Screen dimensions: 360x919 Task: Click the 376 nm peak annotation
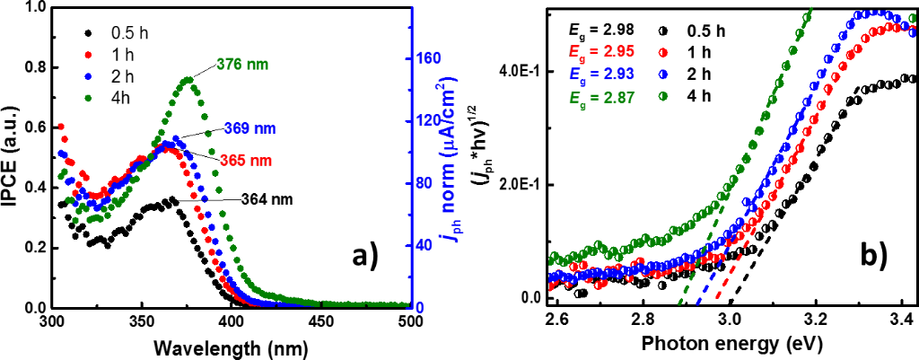tap(243, 64)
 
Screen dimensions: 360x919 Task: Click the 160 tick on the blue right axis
tap(431, 58)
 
